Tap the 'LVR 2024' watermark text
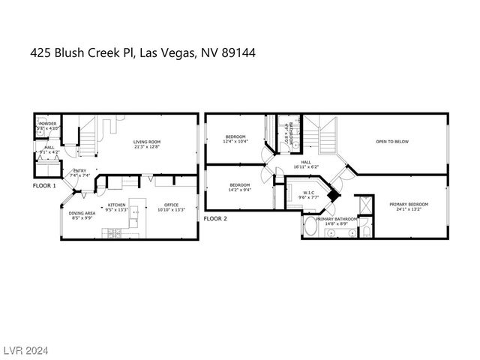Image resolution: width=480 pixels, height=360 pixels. pyautogui.click(x=24, y=350)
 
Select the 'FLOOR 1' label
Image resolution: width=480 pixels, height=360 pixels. pyautogui.click(x=44, y=184)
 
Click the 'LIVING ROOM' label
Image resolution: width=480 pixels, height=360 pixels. pyautogui.click(x=147, y=142)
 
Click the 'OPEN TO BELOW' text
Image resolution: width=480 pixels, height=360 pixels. pyautogui.click(x=392, y=141)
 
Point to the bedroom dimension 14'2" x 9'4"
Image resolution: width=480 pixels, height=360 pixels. pyautogui.click(x=240, y=190)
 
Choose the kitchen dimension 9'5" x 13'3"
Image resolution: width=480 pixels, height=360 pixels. pyautogui.click(x=116, y=209)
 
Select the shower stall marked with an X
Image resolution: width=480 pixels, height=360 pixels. pyautogui.click(x=365, y=203)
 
